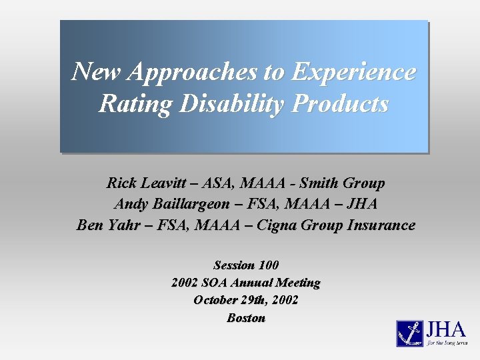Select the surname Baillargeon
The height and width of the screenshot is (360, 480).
[x=185, y=204]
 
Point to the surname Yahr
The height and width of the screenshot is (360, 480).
[x=127, y=225]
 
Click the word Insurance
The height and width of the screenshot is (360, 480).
[x=381, y=225]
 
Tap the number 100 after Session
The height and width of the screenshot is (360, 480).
[x=265, y=265]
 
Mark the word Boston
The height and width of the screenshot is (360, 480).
[x=246, y=318]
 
